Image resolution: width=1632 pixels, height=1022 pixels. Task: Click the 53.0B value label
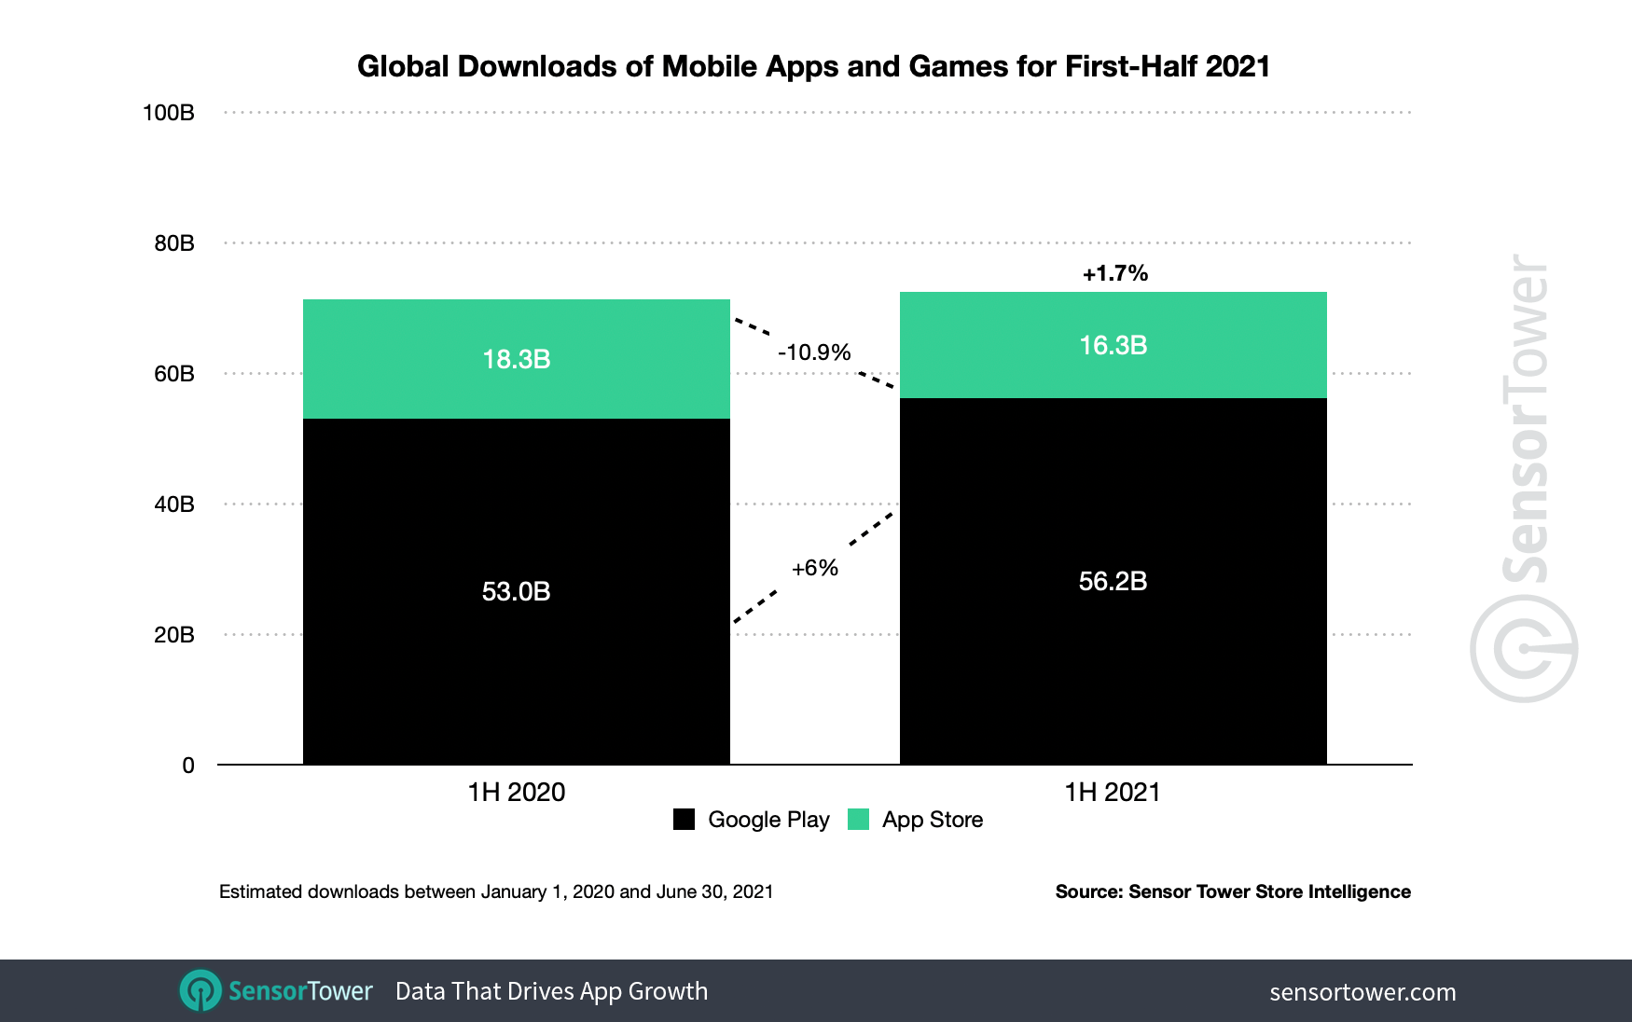[x=516, y=591]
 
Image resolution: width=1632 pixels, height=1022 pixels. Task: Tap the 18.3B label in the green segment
[x=516, y=359]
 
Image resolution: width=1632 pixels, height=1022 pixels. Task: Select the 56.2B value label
[x=1113, y=581]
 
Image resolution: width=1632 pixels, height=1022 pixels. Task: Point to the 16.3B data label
[x=1113, y=345]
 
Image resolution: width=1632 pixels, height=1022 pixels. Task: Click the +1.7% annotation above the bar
[x=1114, y=273]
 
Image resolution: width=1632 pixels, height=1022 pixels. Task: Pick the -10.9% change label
[x=814, y=352]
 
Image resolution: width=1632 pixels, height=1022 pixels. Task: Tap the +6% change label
[x=814, y=568]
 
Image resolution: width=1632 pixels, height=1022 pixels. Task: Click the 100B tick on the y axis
[x=169, y=113]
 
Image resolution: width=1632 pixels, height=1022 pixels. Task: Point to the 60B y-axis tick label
[x=174, y=374]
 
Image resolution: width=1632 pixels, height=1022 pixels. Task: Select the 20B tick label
[x=174, y=635]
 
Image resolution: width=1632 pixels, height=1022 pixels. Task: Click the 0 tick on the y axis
[x=188, y=766]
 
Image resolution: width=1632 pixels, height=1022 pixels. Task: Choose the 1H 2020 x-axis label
[x=516, y=793]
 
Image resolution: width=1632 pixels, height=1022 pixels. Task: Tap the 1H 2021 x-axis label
[x=1113, y=793]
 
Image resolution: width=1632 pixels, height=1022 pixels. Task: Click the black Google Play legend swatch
[x=684, y=820]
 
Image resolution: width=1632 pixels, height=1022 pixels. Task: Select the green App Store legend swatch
[x=858, y=820]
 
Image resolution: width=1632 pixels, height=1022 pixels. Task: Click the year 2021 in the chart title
[x=1238, y=66]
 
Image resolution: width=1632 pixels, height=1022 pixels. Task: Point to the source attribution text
[x=1232, y=891]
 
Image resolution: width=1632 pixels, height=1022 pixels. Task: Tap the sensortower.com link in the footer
[x=1362, y=992]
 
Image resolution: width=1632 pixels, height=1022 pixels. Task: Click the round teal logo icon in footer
[x=201, y=990]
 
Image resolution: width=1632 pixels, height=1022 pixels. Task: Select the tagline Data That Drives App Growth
[x=551, y=991]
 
